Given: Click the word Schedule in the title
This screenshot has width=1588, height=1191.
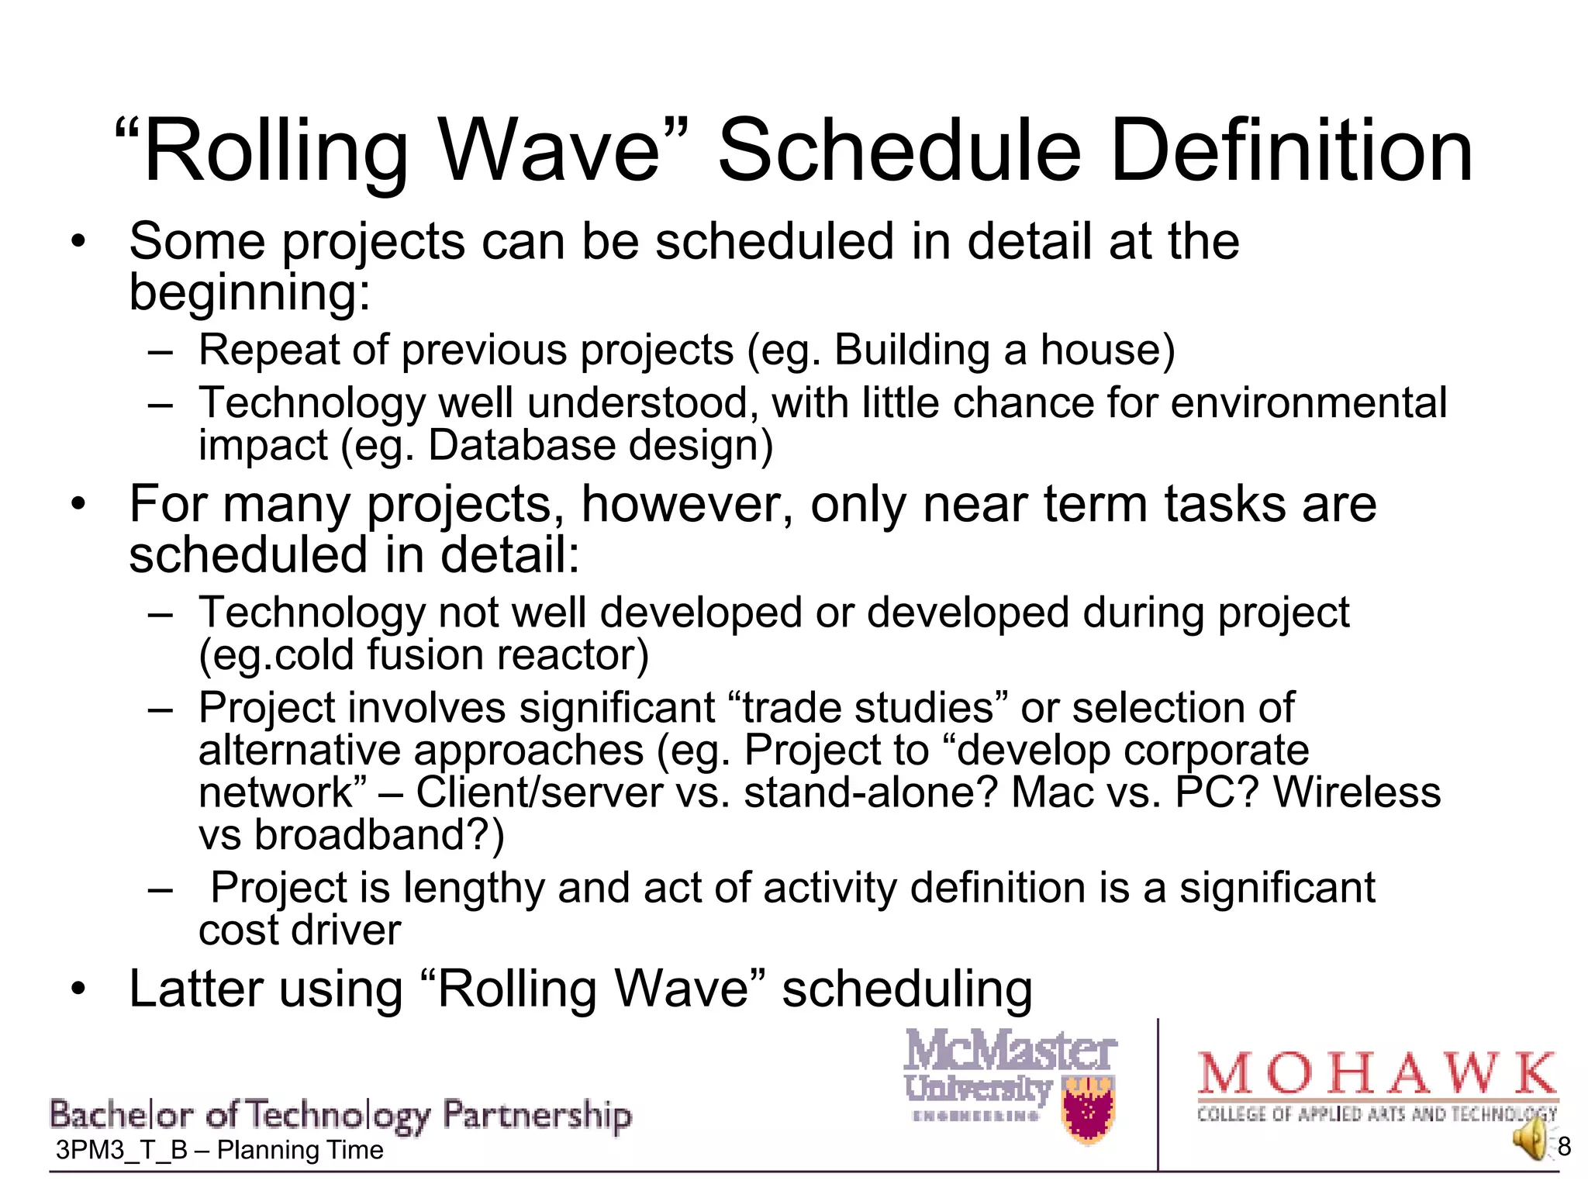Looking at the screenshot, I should pyautogui.click(x=899, y=151).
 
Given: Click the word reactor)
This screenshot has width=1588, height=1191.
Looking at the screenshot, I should pyautogui.click(x=572, y=655).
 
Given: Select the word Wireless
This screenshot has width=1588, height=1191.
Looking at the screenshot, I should pyautogui.click(x=1357, y=792).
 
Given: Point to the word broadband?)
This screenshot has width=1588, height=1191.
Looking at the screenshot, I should pyautogui.click(x=380, y=835).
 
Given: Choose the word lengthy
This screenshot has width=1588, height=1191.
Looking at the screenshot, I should pyautogui.click(x=474, y=889).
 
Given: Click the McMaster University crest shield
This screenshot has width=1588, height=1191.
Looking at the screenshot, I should pyautogui.click(x=1089, y=1110).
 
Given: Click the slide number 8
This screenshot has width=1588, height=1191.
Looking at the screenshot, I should pyautogui.click(x=1564, y=1146).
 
